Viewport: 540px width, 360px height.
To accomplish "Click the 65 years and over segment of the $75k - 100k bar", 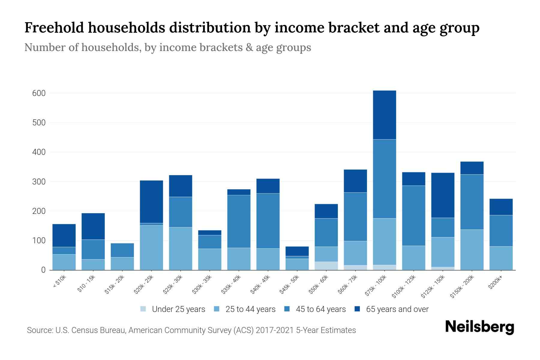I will [384, 115].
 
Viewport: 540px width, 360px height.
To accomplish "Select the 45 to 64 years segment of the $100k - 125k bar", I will [413, 216].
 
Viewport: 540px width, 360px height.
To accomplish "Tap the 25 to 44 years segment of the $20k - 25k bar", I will [151, 247].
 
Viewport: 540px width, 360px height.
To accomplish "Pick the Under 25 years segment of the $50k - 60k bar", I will [326, 266].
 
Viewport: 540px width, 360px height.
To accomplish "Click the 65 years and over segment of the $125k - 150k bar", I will [442, 195].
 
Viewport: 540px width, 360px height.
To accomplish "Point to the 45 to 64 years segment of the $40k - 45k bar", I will [268, 221].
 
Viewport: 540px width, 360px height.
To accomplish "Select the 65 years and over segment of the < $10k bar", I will [64, 235].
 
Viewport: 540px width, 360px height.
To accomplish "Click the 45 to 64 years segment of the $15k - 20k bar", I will [122, 250].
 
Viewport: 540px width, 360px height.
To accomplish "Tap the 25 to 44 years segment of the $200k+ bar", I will [501, 258].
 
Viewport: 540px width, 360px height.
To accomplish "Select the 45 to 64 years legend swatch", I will [287, 309].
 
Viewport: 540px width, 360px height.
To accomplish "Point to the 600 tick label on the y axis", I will [39, 93].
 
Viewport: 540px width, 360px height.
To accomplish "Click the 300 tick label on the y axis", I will [39, 182].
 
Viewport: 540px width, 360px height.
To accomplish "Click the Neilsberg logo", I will [479, 327].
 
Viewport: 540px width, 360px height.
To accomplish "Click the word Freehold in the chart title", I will [54, 28].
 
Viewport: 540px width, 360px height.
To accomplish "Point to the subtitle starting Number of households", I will [167, 47].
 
